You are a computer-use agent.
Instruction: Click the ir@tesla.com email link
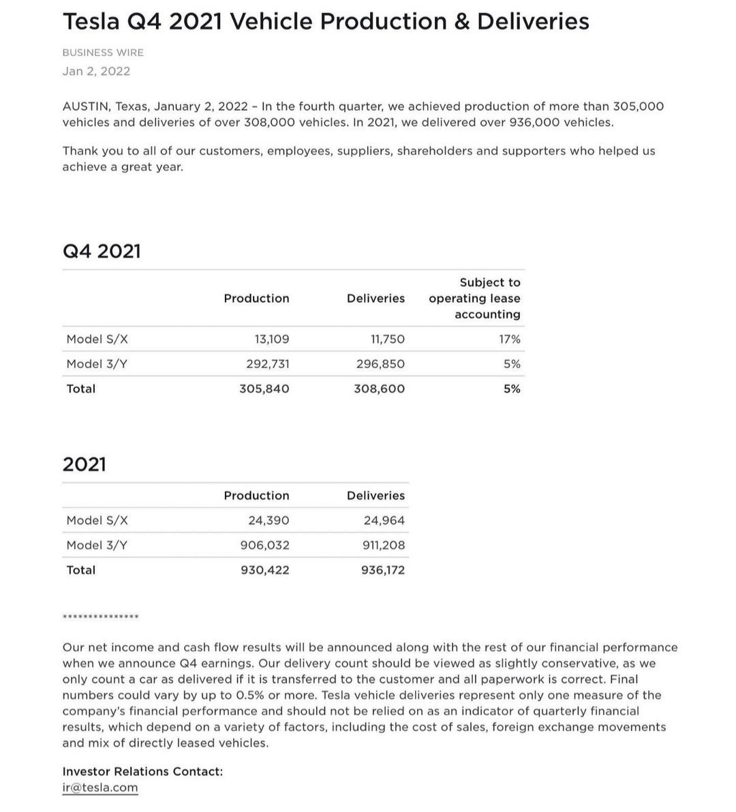tap(99, 787)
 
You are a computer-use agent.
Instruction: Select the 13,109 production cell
tap(271, 339)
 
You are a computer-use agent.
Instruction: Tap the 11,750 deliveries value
tap(387, 339)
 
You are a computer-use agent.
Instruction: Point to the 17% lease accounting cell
tap(509, 339)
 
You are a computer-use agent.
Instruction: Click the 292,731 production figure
tap(267, 364)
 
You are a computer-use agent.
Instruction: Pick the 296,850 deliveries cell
tap(380, 364)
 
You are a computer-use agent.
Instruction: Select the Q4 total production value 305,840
tap(264, 389)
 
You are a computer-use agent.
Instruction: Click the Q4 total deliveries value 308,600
tap(379, 389)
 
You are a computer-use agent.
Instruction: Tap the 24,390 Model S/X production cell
tap(269, 520)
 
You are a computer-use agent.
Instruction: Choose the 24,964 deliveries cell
tap(384, 520)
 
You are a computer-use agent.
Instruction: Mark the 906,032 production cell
tap(264, 545)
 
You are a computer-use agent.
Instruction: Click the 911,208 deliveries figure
tap(383, 545)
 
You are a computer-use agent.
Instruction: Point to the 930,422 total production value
tap(264, 570)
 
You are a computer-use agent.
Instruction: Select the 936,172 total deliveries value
tap(382, 570)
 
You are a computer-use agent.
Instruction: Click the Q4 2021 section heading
tap(102, 251)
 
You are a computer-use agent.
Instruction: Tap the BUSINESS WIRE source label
tap(103, 52)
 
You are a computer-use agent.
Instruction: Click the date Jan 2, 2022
tap(96, 71)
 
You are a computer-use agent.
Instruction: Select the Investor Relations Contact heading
tap(142, 771)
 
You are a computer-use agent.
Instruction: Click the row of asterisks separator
tap(100, 617)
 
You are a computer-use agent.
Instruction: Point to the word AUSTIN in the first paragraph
tap(85, 106)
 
